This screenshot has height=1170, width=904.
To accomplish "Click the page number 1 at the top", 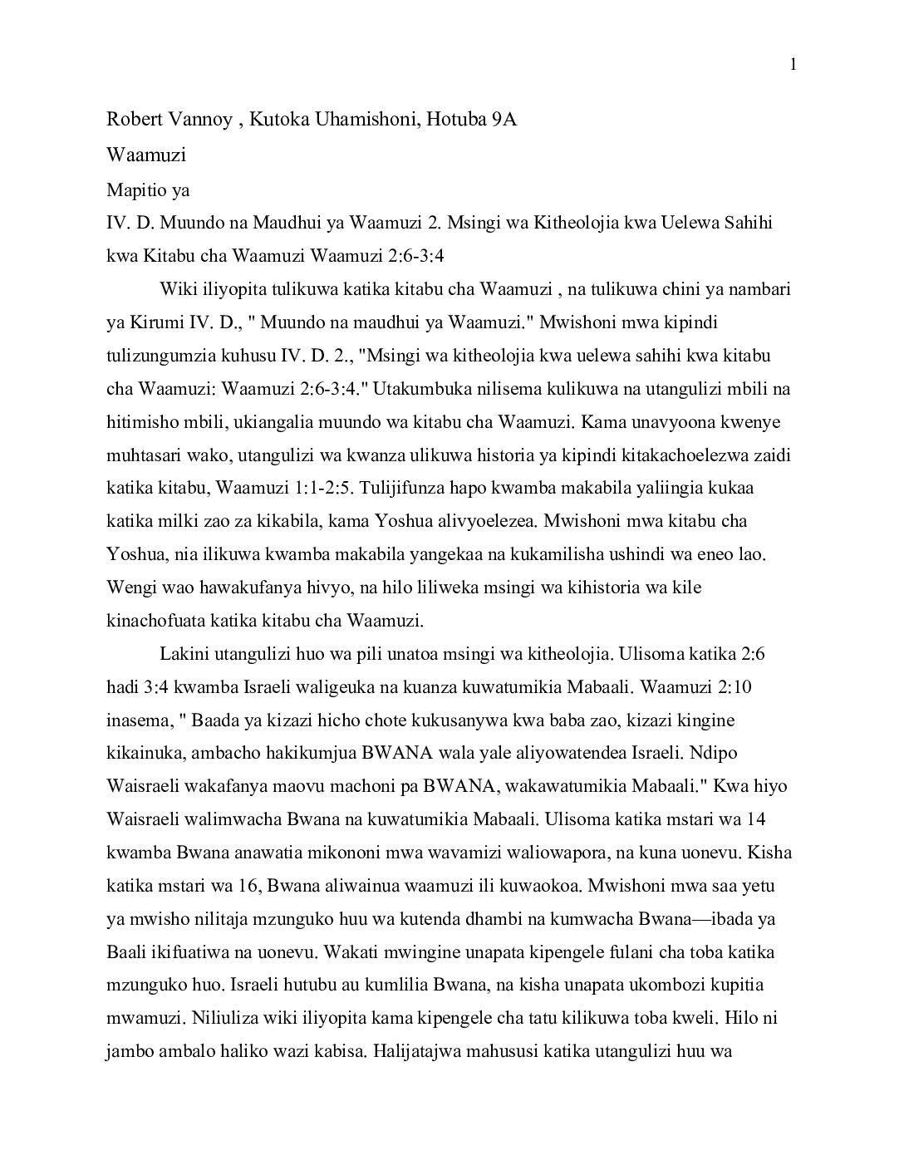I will [793, 65].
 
